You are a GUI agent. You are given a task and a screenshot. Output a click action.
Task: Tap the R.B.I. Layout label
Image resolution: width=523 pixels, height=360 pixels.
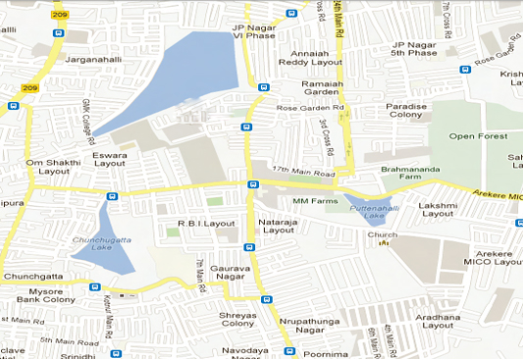[206, 224]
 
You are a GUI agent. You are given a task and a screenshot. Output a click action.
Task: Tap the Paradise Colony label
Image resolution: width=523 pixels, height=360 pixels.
[405, 111]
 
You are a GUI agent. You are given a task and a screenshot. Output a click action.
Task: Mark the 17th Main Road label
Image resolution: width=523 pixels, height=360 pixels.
[304, 174]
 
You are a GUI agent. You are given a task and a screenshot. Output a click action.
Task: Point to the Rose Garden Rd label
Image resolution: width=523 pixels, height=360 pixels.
[310, 108]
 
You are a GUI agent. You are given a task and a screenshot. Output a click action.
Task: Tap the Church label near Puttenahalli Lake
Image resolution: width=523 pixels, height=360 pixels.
[382, 235]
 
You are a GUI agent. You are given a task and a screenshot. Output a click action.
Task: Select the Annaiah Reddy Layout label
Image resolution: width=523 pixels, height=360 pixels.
[311, 56]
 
